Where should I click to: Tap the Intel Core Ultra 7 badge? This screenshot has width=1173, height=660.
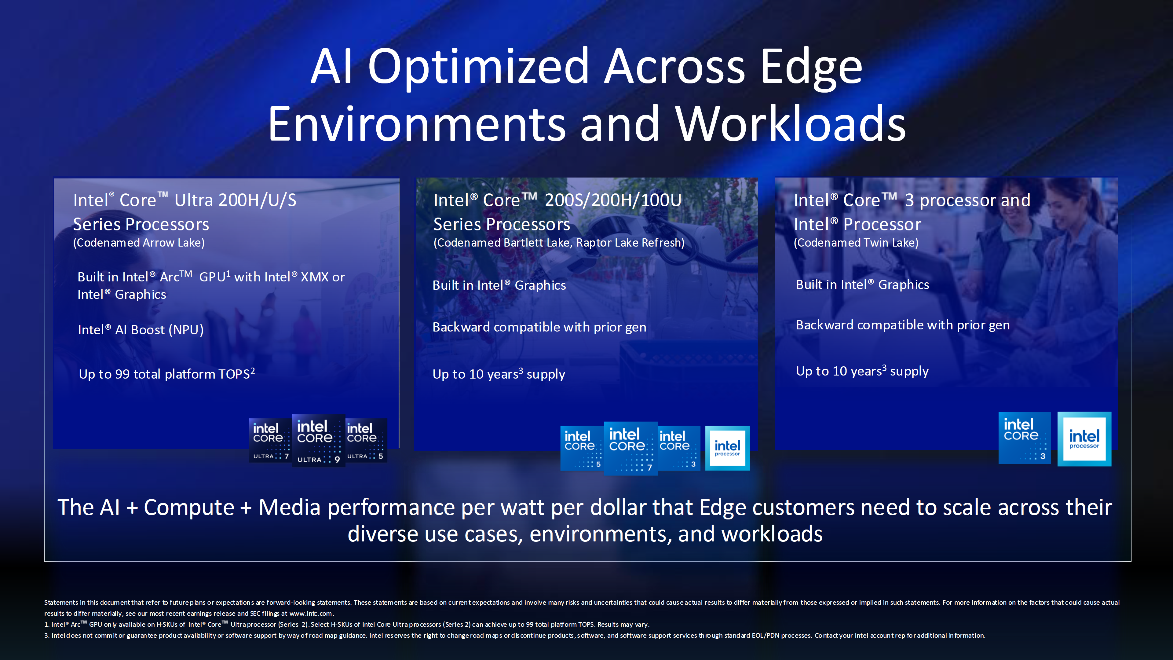pos(270,440)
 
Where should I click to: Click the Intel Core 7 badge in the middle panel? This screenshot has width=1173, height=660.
pos(631,449)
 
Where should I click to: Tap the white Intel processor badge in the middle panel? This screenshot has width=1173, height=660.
pos(727,448)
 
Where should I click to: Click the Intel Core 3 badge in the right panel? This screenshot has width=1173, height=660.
pos(1025,438)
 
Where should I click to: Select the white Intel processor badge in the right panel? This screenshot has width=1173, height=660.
pos(1084,439)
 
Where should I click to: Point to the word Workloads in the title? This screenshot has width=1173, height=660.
pos(791,124)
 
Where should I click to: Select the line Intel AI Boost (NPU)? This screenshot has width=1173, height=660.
pos(141,330)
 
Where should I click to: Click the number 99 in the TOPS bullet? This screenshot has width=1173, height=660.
pos(122,374)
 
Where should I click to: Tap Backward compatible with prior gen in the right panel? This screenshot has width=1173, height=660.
pos(903,325)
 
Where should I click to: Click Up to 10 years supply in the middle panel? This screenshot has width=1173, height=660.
pos(499,374)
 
